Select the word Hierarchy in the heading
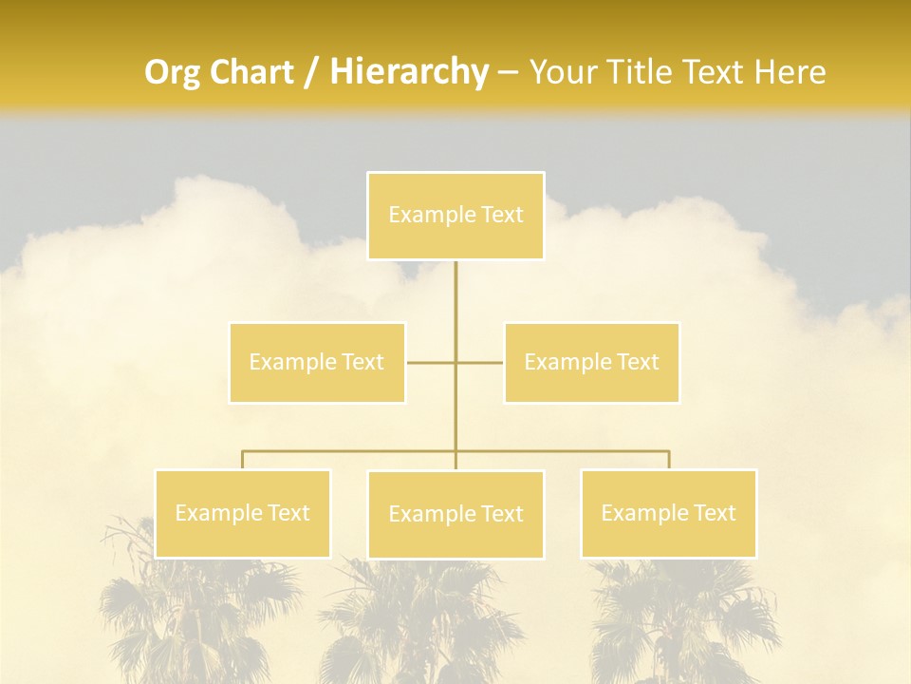click(409, 72)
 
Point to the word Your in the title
click(562, 72)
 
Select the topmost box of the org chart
click(455, 216)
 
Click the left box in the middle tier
click(317, 362)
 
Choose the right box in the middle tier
click(591, 362)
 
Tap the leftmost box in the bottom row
click(242, 513)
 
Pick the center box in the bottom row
click(455, 514)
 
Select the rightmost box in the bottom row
click(668, 513)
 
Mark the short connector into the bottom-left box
click(242, 460)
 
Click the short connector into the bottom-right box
click(669, 460)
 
